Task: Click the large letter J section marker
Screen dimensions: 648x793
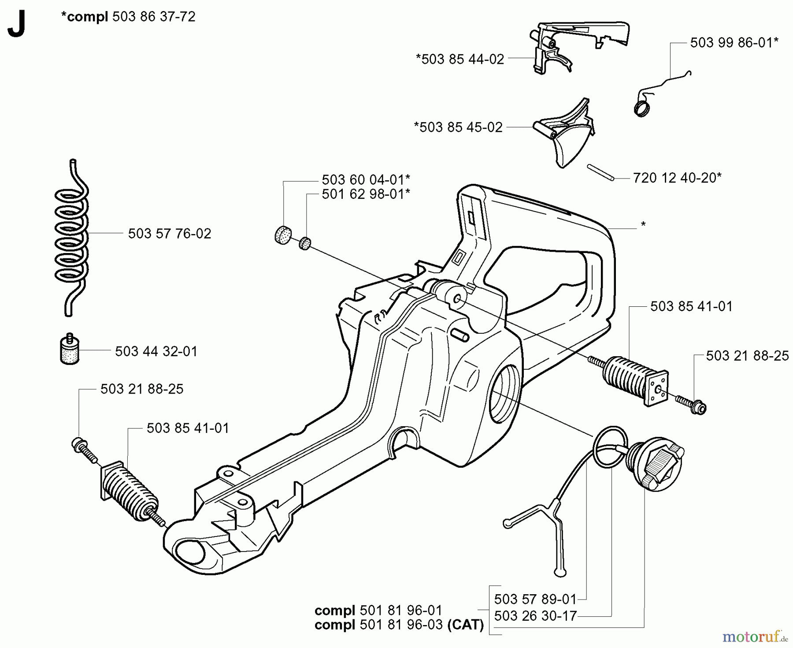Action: pyautogui.click(x=16, y=26)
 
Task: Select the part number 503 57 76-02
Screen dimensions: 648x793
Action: pyautogui.click(x=170, y=234)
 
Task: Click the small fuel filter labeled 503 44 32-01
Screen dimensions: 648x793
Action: pyautogui.click(x=70, y=351)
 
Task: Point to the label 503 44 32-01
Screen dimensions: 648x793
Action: pyautogui.click(x=156, y=351)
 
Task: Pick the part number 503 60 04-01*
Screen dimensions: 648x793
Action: pyautogui.click(x=366, y=180)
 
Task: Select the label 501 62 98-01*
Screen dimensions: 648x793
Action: pyautogui.click(x=366, y=194)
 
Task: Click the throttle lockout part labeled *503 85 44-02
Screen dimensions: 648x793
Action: pyautogui.click(x=573, y=44)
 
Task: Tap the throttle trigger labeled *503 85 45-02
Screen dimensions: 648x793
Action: pyautogui.click(x=564, y=132)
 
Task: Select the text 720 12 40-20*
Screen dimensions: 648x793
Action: pyautogui.click(x=677, y=178)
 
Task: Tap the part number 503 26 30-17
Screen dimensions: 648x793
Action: pyautogui.click(x=535, y=616)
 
